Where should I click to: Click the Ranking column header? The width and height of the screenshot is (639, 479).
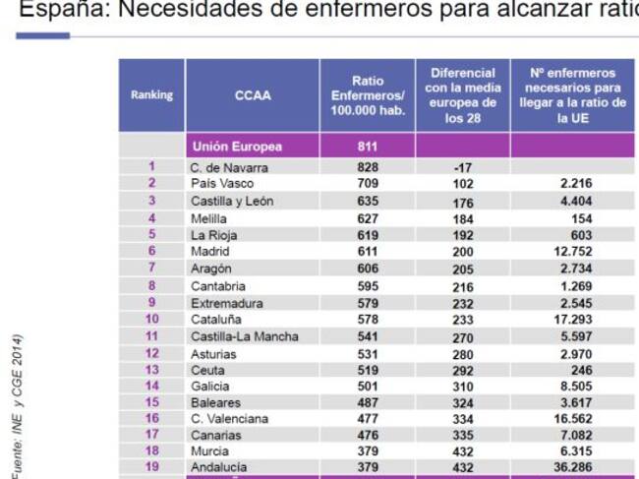coord(151,95)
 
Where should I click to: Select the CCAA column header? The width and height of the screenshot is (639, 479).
coord(253,96)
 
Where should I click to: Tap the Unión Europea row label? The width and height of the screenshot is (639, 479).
coord(237,147)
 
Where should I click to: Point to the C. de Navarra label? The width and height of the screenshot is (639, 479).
coord(230,167)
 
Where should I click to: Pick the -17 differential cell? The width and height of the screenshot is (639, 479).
coord(462,168)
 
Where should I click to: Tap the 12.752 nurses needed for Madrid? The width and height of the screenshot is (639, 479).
coord(571,252)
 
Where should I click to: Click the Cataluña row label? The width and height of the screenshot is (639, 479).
coord(216,320)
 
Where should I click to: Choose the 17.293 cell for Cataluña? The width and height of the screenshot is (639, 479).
coord(571,320)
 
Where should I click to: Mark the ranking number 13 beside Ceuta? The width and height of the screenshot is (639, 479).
coord(151,370)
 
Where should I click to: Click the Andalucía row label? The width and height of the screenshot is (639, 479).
coord(219,467)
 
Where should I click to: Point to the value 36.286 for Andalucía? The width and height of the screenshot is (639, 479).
coord(571,467)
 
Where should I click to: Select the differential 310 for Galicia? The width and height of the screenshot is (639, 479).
coord(462,388)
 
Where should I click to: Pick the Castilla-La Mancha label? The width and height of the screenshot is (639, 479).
coord(244,336)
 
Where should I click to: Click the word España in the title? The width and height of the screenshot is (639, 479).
coord(58,10)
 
